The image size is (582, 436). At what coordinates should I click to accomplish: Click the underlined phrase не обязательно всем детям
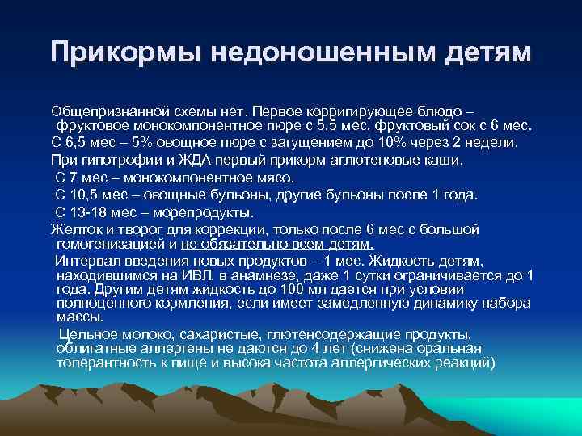[x=279, y=243]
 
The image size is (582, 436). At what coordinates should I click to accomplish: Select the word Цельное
[x=85, y=334]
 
